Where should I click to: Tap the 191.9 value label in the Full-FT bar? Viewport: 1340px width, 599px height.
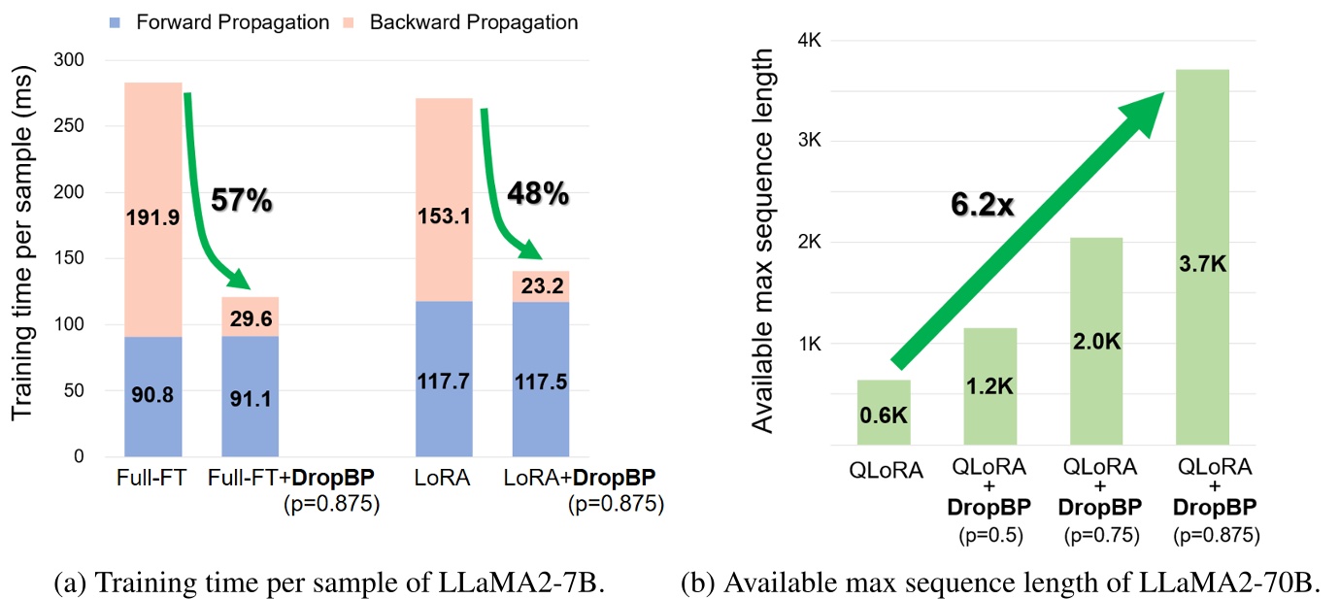click(x=152, y=217)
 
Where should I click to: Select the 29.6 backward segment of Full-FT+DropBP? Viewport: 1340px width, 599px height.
click(x=250, y=317)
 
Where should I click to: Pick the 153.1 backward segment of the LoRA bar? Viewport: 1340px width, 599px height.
click(x=444, y=217)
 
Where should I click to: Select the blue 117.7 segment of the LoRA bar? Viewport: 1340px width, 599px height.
click(x=444, y=383)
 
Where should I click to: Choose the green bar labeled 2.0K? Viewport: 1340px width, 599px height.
click(x=1096, y=342)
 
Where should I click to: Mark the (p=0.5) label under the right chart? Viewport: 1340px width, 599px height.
click(x=990, y=534)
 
